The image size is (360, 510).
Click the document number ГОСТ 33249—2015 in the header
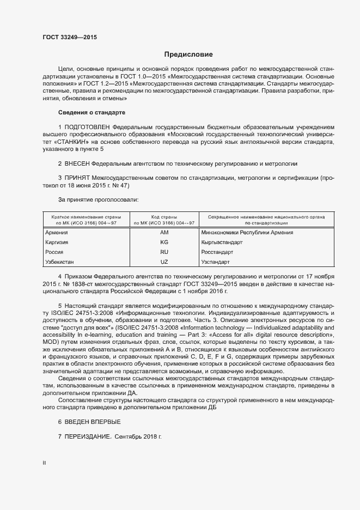coord(70,37)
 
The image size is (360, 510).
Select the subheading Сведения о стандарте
coord(91,113)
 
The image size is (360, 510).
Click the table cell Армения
coord(56,233)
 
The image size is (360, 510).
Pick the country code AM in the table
coord(164,233)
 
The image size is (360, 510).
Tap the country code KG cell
coord(164,242)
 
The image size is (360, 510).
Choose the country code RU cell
coord(164,252)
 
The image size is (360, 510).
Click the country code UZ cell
coord(164,262)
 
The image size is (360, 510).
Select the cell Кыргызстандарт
coord(222,242)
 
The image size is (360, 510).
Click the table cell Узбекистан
coord(59,262)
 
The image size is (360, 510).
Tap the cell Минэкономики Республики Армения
coord(247,233)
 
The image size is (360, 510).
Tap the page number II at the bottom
coord(44,463)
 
